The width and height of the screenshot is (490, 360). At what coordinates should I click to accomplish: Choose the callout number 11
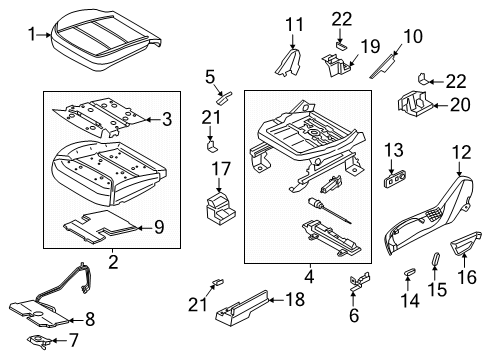click(292, 24)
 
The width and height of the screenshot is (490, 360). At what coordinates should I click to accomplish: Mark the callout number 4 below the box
click(309, 275)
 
